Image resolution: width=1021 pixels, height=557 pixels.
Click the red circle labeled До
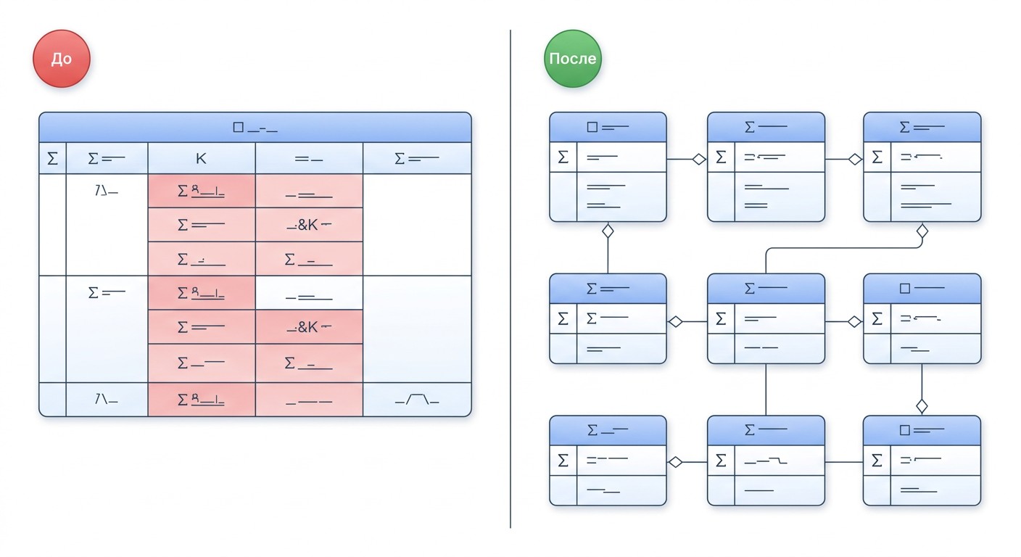coord(62,59)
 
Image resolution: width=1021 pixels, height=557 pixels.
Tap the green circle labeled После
coord(572,59)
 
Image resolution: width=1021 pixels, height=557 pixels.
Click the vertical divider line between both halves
coord(510,279)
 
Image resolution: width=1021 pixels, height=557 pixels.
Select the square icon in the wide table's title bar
coord(238,127)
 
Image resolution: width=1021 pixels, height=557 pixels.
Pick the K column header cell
coord(202,158)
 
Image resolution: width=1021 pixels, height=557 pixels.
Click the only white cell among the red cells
coord(309,292)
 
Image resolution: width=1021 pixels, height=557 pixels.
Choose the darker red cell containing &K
coord(309,327)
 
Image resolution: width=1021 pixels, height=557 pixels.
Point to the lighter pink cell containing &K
coord(309,225)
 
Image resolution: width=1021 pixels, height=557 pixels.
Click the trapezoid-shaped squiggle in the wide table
coord(417,400)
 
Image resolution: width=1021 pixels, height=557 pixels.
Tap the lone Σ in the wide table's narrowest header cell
coord(52,159)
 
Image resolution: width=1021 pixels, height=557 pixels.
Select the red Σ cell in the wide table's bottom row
coord(202,400)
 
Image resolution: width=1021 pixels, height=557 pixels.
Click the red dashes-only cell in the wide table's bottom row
coord(309,400)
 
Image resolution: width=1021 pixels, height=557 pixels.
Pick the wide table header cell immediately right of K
coord(309,158)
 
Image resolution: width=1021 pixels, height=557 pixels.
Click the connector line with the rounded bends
coord(843,248)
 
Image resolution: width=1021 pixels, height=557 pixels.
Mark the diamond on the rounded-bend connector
coord(922,231)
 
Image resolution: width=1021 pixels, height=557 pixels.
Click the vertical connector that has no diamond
coord(766,389)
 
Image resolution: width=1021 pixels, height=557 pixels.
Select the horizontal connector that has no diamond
coord(844,462)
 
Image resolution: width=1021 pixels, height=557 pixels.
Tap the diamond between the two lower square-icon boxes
coord(922,406)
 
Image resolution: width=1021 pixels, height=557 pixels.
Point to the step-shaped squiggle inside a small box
coord(765,461)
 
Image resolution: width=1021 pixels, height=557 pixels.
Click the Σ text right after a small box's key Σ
coord(591,318)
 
